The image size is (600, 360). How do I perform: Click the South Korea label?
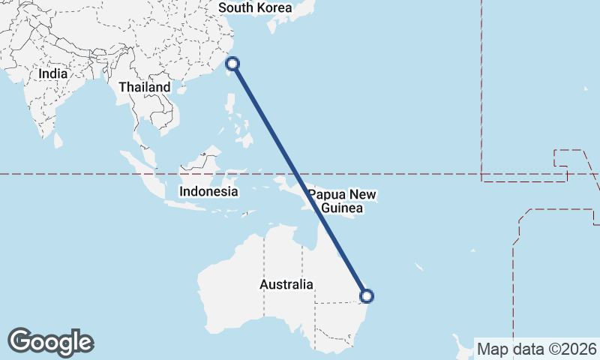255,7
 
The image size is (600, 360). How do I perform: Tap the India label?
53,74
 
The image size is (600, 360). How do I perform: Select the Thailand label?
145,87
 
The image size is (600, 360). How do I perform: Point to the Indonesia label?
208,192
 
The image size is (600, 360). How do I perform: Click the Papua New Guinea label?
342,201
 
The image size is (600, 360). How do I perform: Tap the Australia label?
286,285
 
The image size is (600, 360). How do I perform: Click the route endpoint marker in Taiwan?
233,64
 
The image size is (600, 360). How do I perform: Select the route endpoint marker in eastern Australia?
367,295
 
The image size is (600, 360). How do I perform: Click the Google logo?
51,342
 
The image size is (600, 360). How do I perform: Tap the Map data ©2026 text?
536,349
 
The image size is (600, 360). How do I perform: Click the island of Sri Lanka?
58,140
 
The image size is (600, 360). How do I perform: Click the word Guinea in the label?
342,208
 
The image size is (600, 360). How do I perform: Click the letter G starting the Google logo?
20,341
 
